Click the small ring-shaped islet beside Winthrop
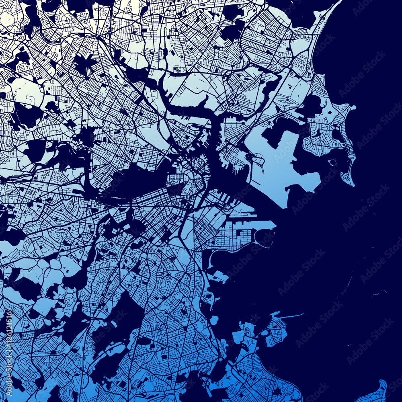332,162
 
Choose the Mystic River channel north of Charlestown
189,109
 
